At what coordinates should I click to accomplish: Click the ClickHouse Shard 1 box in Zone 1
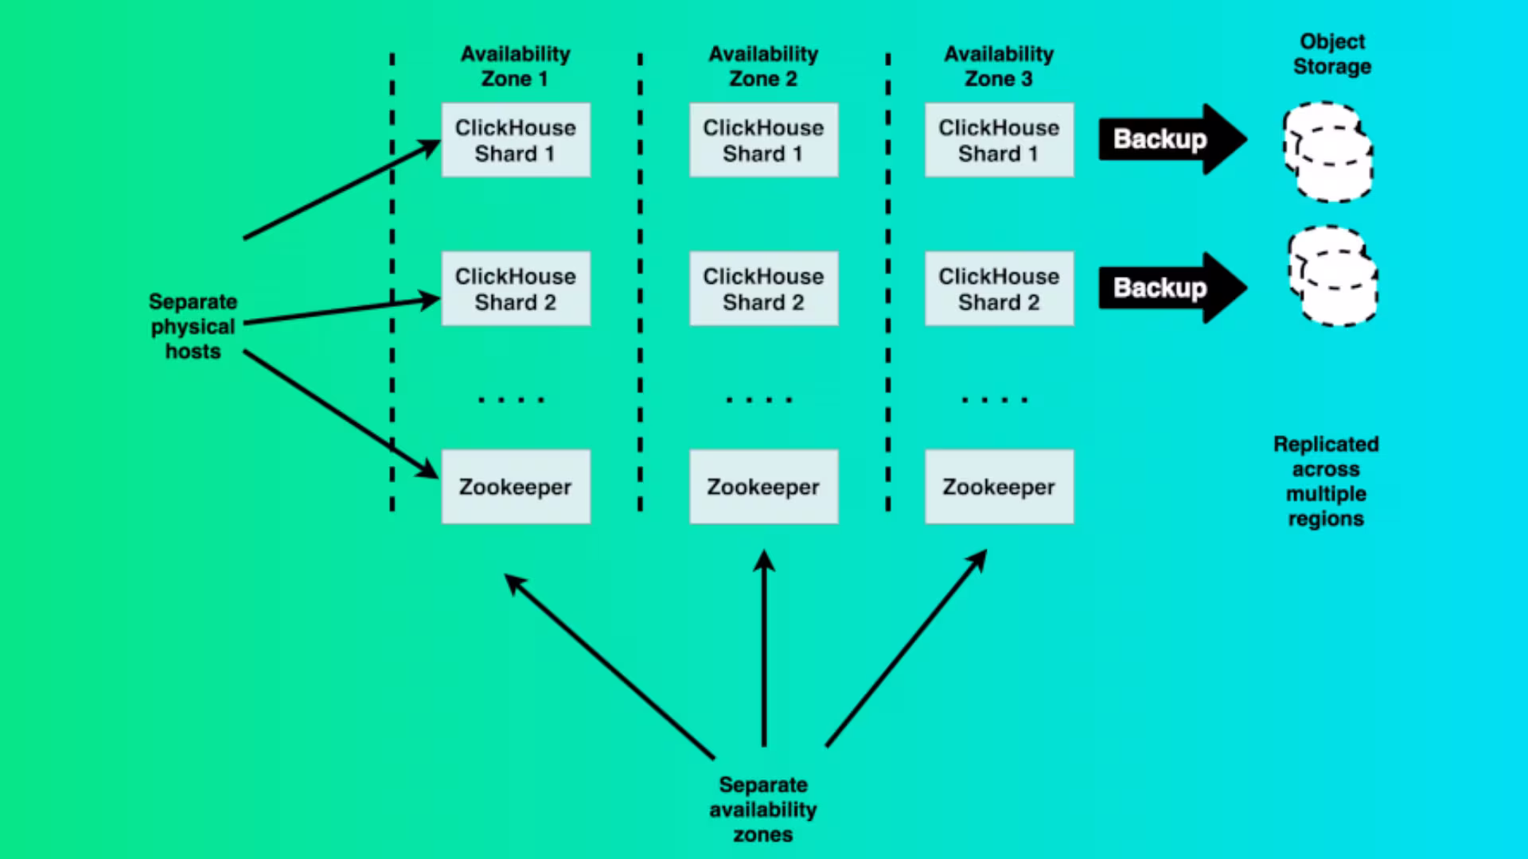(516, 140)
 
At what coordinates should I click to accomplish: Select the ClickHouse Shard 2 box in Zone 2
(763, 289)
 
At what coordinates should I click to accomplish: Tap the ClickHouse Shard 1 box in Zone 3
(999, 140)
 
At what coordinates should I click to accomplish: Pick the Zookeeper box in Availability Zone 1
(516, 487)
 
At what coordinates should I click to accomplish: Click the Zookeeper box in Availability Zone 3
(999, 487)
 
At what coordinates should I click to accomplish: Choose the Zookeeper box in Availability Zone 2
(763, 487)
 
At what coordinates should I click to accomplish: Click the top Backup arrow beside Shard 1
(1166, 139)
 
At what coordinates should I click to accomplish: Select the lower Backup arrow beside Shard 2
(1166, 288)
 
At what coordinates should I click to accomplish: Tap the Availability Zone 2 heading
(763, 66)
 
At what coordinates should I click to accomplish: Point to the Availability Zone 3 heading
(999, 66)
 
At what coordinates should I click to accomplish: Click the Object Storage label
(1331, 53)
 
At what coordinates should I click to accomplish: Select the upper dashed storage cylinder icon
(1327, 151)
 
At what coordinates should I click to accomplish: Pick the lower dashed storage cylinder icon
(1333, 276)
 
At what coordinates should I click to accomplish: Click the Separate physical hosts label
(193, 326)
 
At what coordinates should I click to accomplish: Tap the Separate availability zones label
(763, 809)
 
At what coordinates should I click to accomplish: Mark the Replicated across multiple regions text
(1326, 481)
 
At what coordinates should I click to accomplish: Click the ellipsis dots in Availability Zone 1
(511, 399)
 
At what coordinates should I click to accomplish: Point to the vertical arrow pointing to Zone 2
(764, 648)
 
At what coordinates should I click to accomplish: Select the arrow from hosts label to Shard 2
(342, 311)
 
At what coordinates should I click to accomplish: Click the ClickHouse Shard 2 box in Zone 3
(999, 289)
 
